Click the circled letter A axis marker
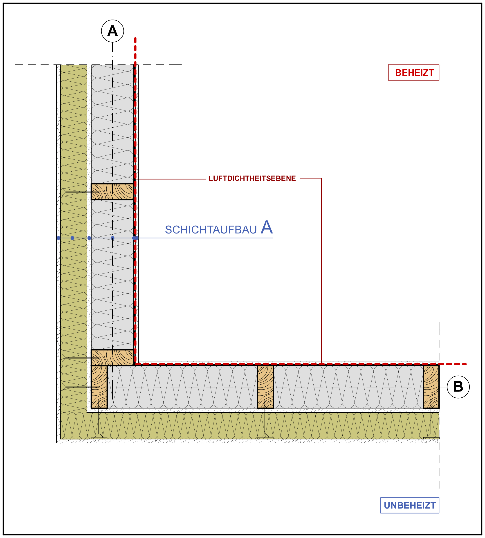coord(112,31)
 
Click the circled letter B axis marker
coord(458,387)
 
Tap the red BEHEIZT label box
coord(413,72)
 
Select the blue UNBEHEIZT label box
coord(410,505)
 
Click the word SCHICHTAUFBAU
coord(211,230)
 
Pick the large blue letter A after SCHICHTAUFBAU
coord(267,227)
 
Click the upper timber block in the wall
coord(112,192)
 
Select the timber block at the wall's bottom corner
coord(112,358)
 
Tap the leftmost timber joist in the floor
coord(99,387)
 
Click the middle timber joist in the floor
coord(265,387)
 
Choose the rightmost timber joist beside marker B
coord(431,387)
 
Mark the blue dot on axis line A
coord(112,238)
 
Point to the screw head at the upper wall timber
coord(61,192)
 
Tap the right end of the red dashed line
coord(466,364)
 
